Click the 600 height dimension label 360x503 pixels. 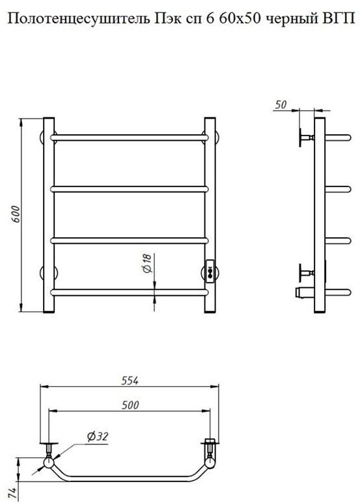tap(16, 214)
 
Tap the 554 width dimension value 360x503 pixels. tap(130, 381)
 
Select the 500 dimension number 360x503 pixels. tap(130, 405)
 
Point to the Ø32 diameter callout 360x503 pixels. tap(98, 437)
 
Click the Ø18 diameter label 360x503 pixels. tap(146, 263)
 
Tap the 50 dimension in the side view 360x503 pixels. tap(281, 105)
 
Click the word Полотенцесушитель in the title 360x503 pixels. tap(78, 19)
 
